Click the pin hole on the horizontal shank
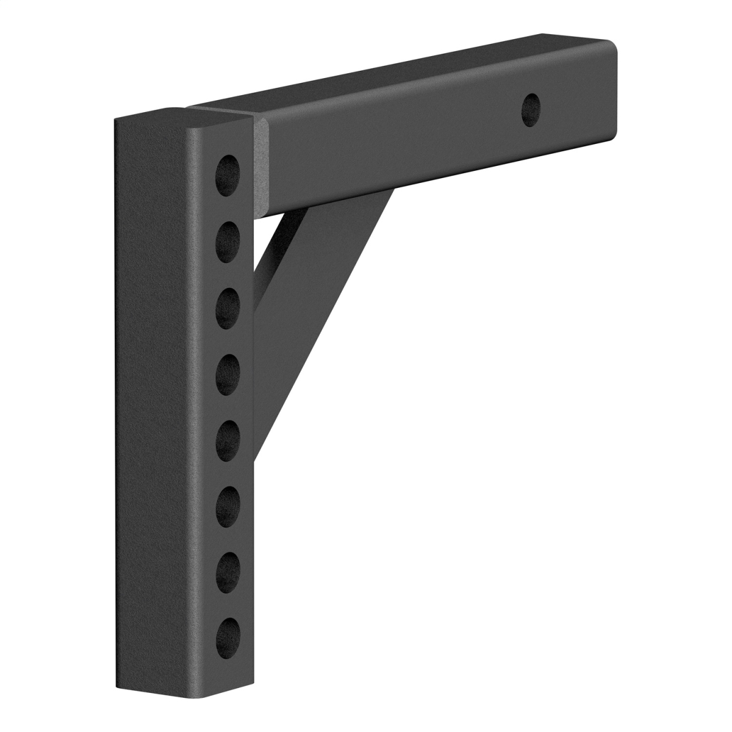[x=531, y=109]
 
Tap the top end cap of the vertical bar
[x=183, y=121]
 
